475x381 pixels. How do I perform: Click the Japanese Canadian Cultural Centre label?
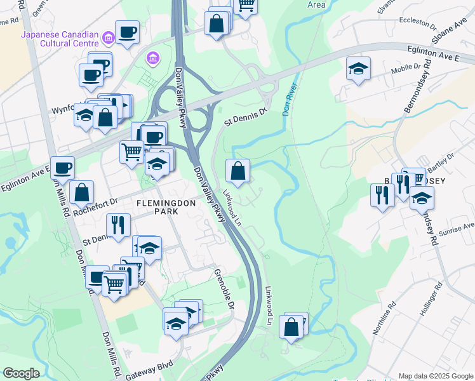point(60,39)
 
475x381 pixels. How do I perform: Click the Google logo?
point(21,373)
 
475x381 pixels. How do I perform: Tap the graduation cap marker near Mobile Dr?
point(359,68)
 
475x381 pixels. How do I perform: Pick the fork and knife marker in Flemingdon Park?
point(118,225)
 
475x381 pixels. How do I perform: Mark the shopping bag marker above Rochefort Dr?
point(82,192)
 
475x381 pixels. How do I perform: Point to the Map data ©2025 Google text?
point(436,376)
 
